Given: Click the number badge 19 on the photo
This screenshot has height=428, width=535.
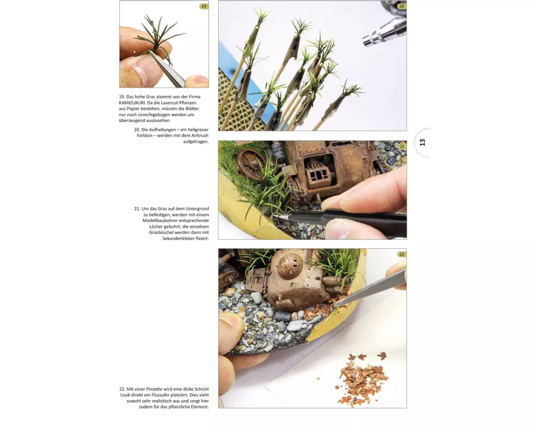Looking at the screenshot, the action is [204, 6].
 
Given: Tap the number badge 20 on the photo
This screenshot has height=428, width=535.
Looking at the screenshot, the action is [402, 6].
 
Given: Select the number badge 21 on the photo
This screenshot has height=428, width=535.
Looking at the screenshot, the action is [402, 147].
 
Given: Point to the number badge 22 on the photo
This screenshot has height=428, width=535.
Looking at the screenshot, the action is [402, 254].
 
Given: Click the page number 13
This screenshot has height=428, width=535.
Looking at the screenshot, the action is [423, 143].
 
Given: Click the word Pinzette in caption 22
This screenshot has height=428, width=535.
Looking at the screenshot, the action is [155, 389].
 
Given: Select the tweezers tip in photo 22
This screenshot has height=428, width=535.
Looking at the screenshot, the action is [335, 304].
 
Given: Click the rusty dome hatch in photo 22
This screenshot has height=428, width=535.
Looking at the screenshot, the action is [290, 266].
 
